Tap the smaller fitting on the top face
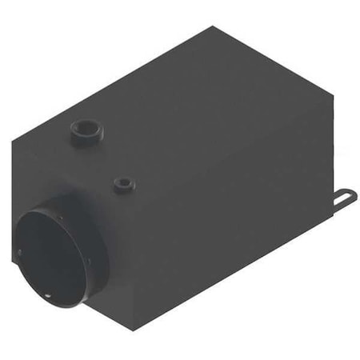click(122, 185)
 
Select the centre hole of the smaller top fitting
click(122, 182)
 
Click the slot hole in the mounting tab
click(348, 194)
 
